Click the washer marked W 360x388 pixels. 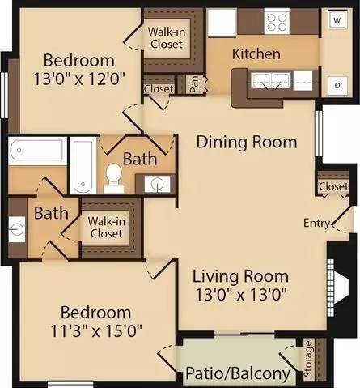point(337,20)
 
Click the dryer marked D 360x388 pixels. point(337,86)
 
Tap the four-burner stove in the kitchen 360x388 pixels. point(277,21)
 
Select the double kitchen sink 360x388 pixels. point(271,81)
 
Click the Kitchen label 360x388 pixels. point(256,53)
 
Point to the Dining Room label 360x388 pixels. point(247,142)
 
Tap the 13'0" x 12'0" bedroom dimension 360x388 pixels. point(79,79)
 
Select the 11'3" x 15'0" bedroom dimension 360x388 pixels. point(96,330)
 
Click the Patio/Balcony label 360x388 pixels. point(238,374)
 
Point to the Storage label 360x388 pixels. point(308,359)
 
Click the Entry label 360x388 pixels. point(316,223)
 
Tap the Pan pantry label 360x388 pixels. point(194,84)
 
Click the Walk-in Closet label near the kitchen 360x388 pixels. point(167,38)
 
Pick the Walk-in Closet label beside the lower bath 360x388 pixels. point(107,228)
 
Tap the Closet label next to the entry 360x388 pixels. point(333,186)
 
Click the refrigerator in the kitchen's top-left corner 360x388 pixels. point(222,23)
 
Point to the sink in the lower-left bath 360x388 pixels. point(17,230)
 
